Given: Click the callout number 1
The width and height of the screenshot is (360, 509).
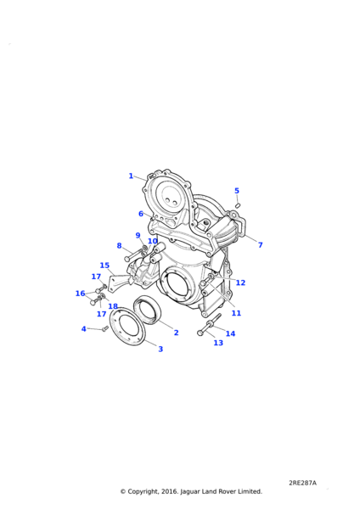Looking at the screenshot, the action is click(131, 176).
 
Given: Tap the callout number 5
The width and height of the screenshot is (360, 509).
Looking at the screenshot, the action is click(237, 191).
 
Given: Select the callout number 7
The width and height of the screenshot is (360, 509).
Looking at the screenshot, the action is click(261, 245).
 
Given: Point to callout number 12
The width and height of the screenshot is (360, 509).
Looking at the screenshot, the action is click(240, 282).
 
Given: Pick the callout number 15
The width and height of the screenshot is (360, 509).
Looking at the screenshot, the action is click(104, 266).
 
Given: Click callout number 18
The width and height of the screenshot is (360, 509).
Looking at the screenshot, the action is click(113, 306).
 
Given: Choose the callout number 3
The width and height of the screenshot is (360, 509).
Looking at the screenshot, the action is click(160, 349).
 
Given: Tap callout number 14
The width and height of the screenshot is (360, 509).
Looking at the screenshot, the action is click(230, 333).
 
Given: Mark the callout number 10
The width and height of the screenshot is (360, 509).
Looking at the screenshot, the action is click(152, 241).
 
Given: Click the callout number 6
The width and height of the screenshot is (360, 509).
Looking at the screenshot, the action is click(141, 214).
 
